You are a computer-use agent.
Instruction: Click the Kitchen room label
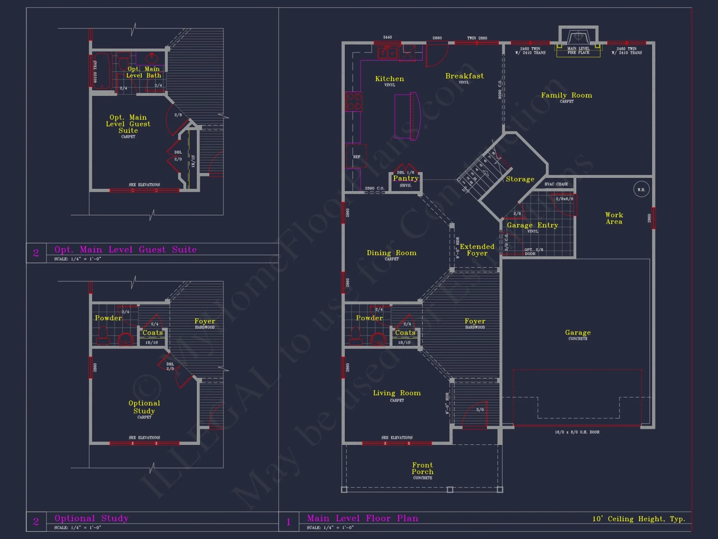tap(390, 79)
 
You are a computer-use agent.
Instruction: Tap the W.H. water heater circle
tap(641, 189)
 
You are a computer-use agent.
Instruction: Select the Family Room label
tap(567, 95)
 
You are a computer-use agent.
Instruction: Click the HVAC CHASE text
tap(556, 184)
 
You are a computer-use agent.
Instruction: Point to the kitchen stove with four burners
tap(354, 101)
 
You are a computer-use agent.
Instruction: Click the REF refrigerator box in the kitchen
tap(356, 156)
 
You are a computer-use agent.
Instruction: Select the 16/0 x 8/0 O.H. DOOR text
tap(577, 432)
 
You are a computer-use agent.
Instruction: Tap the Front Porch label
tap(423, 468)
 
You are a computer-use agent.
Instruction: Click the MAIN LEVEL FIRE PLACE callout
tap(578, 51)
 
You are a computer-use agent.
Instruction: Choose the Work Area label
tap(614, 218)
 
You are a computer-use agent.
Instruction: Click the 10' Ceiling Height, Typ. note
tap(639, 519)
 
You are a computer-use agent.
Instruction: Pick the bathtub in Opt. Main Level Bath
tap(101, 71)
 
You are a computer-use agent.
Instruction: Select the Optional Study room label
tap(144, 407)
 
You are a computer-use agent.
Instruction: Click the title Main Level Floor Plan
tap(363, 518)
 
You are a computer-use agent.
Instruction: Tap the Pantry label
tap(406, 178)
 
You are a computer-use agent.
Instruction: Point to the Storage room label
tap(520, 179)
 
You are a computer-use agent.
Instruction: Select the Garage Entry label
tap(532, 225)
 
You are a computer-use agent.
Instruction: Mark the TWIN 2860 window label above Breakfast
tap(477, 38)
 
